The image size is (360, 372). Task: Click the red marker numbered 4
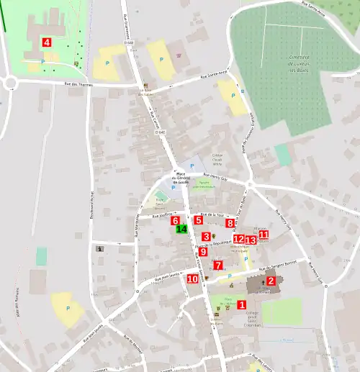pos(47,42)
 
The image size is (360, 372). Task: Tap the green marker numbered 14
pos(181,230)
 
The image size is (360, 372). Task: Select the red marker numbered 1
pos(241,305)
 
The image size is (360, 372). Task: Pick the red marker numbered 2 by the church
pos(271,281)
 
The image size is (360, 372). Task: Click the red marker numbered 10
pos(192,278)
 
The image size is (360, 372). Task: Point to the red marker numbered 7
pos(218,266)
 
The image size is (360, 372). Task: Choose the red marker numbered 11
pos(264,235)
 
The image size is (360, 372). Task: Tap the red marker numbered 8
pos(230,224)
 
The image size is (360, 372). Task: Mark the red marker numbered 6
pos(175,220)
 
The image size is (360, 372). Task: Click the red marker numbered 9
pos(203,252)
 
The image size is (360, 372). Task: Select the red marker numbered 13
pos(251,240)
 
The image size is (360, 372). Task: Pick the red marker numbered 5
pos(198,220)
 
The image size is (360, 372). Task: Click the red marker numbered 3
pos(206,237)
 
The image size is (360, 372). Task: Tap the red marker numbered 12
pos(238,239)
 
